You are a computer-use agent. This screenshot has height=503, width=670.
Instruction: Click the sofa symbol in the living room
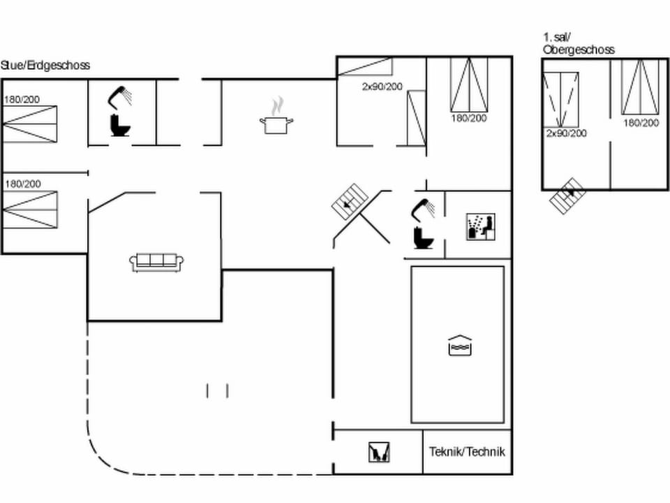pyautogui.click(x=157, y=262)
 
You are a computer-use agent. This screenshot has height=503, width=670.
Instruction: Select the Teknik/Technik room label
pyautogui.click(x=467, y=452)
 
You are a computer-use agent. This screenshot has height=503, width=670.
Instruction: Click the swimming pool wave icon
pyautogui.click(x=459, y=346)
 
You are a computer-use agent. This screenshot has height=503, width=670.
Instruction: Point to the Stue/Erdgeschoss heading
pyautogui.click(x=45, y=66)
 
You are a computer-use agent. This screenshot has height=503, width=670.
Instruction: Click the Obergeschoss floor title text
pyautogui.click(x=579, y=50)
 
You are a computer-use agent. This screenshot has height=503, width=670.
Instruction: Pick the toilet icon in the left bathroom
pyautogui.click(x=121, y=125)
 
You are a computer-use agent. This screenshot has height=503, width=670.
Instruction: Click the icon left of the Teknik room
pyautogui.click(x=378, y=452)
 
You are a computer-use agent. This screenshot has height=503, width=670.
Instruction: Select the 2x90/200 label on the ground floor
pyautogui.click(x=382, y=87)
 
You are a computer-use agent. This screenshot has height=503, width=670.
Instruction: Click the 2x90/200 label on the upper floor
pyautogui.click(x=566, y=133)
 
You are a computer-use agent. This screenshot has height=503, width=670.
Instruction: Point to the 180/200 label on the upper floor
pyautogui.click(x=641, y=123)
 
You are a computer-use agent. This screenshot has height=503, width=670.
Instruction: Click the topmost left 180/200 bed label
pyautogui.click(x=22, y=100)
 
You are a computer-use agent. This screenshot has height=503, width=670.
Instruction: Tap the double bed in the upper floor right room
pyautogui.click(x=641, y=87)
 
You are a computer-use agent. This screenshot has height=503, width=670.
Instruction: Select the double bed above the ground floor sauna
pyautogui.click(x=468, y=85)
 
